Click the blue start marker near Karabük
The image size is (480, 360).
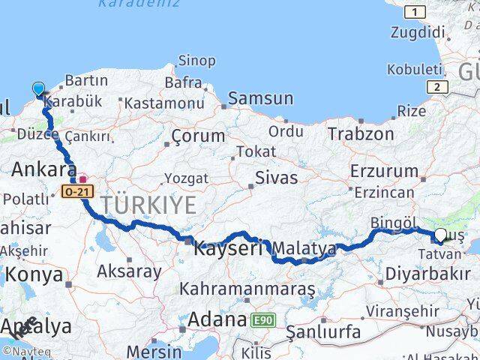tap(39, 89)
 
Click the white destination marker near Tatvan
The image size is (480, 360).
tap(440, 235)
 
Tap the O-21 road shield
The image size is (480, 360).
tap(75, 193)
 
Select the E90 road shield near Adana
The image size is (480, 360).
tap(262, 320)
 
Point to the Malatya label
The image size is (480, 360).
tap(304, 248)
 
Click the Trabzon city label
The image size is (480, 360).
tap(361, 133)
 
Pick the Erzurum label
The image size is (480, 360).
tap(379, 170)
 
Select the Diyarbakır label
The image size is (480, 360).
tap(424, 276)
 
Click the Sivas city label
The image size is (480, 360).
tap(276, 178)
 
